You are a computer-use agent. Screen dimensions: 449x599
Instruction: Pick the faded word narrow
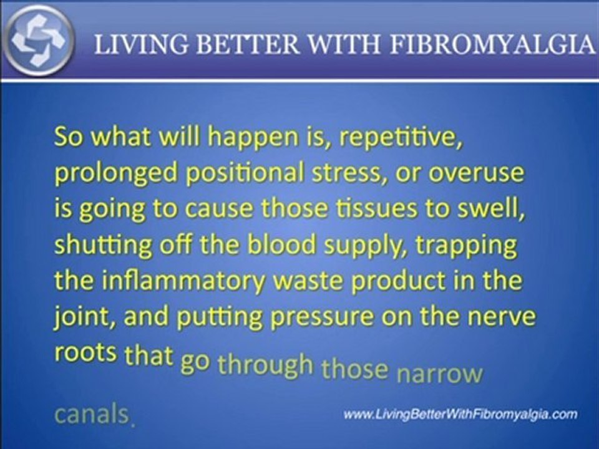pyautogui.click(x=440, y=372)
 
